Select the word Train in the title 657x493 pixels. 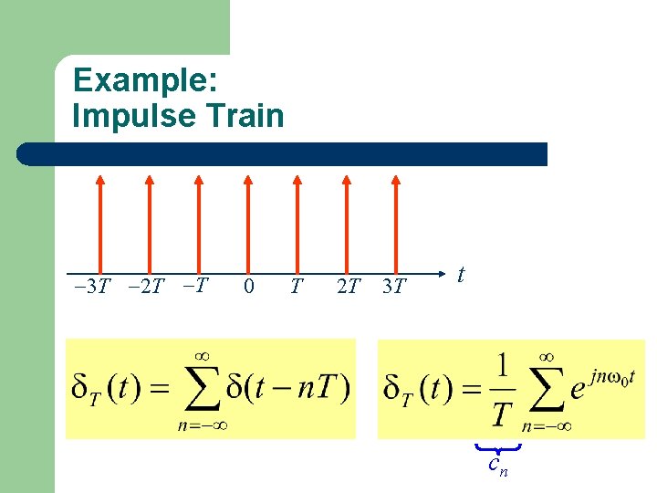pos(248,116)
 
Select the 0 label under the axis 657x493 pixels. pos(249,287)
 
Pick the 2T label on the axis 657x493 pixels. pos(348,287)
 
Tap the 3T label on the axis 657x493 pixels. pos(394,287)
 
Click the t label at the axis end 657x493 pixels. pos(462,274)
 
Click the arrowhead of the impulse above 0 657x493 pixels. pos(246,181)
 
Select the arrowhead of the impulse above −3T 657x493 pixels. pos(100,181)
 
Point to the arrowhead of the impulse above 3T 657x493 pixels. pos(394,181)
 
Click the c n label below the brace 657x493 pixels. pos(497,466)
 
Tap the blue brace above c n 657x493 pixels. pos(497,447)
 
